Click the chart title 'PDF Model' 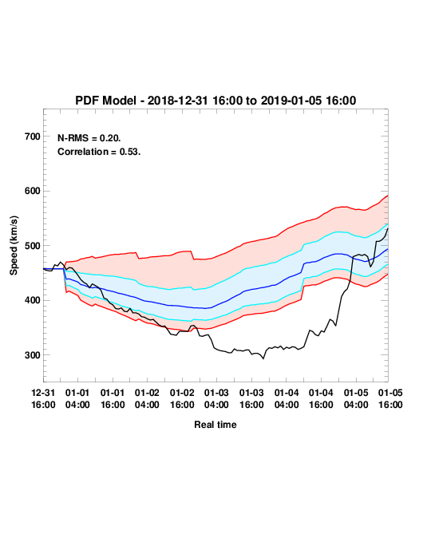105,101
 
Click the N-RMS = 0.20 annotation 89,138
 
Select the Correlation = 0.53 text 99,152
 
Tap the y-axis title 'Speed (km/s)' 14,246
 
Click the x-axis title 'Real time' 215,425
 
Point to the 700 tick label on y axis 33,136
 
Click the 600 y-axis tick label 33,191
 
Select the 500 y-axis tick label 33,246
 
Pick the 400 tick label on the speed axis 33,300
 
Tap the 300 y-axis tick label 33,355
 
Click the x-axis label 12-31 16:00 43,398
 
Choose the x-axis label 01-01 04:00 77,398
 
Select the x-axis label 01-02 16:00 182,398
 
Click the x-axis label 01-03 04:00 216,398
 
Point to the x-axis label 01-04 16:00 321,398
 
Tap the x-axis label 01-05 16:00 390,398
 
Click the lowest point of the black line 263,358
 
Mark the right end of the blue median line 388,249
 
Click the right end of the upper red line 388,196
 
